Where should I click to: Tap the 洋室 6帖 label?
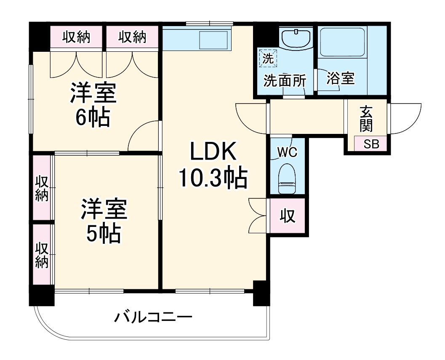93,105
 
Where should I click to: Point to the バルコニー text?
153,316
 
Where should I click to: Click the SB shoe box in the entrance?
371,144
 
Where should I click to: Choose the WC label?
288,152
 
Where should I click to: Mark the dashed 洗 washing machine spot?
268,58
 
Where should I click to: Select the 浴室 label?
341,78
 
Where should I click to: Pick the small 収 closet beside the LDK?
288,216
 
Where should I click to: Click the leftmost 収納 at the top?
76,37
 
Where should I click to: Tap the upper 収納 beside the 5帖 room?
41,188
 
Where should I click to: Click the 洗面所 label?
285,80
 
